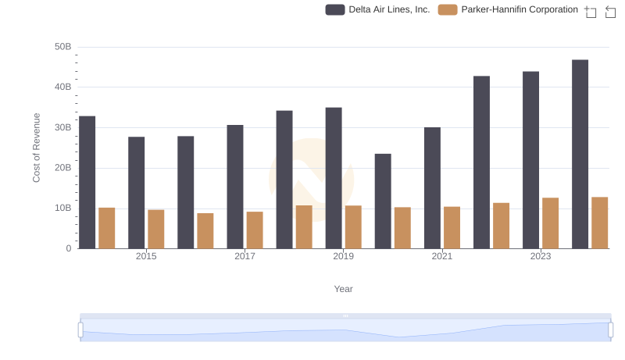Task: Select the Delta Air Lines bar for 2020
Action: pos(383,201)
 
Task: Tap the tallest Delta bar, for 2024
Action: pos(580,154)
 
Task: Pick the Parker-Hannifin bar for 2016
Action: pos(205,231)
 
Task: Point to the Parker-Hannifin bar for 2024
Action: pos(599,223)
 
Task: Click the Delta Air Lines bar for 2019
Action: pos(334,178)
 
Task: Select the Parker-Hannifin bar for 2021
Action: pos(452,227)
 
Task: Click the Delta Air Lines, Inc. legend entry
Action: pos(378,9)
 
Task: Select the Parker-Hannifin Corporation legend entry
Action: pos(509,9)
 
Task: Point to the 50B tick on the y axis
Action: pos(62,47)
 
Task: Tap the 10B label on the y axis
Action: pos(62,209)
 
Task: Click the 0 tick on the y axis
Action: pos(69,248)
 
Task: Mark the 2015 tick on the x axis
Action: pos(146,256)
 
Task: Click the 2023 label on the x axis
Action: pos(541,256)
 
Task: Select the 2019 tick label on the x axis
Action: pos(343,256)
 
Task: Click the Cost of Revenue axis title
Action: pos(37,148)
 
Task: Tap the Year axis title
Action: pos(344,289)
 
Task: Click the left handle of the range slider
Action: pos(80,330)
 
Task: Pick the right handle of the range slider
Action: pos(611,330)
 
